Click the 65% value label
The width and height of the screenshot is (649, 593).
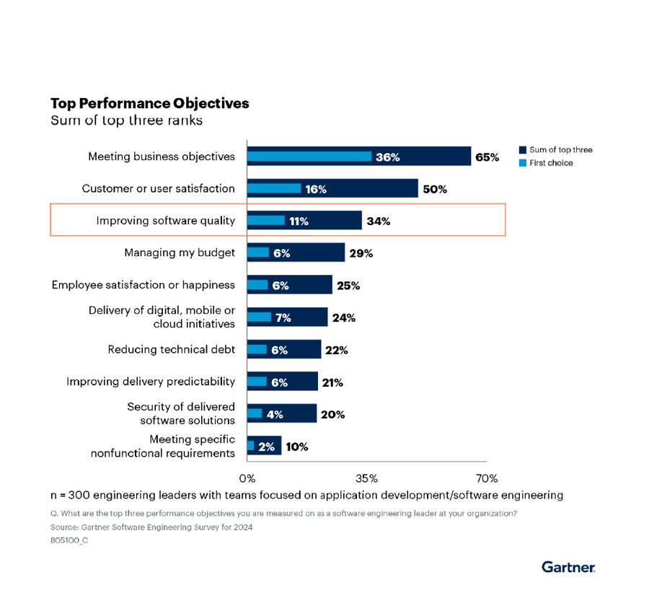coord(487,157)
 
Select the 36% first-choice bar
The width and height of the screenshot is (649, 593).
coord(309,157)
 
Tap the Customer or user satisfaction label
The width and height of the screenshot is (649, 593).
coord(158,188)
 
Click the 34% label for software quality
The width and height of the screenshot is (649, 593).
coord(379,221)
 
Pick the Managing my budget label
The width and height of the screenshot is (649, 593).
coord(180,252)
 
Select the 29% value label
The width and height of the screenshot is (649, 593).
coord(361,253)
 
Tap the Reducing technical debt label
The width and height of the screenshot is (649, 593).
coord(172,349)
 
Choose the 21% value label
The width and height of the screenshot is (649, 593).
coord(332,382)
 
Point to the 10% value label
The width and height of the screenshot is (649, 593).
coord(296,447)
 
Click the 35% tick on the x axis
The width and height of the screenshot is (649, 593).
coord(366,478)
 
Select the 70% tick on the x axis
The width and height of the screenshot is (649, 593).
coord(487,478)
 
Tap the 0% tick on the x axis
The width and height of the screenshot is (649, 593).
coord(247,478)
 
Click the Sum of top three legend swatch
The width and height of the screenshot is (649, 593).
coord(522,150)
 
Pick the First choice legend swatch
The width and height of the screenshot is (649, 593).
coord(522,163)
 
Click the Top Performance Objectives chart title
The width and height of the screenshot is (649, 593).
coord(150,103)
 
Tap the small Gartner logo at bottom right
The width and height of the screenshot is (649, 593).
coord(568,567)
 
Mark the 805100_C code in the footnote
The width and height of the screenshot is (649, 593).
coord(69,540)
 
